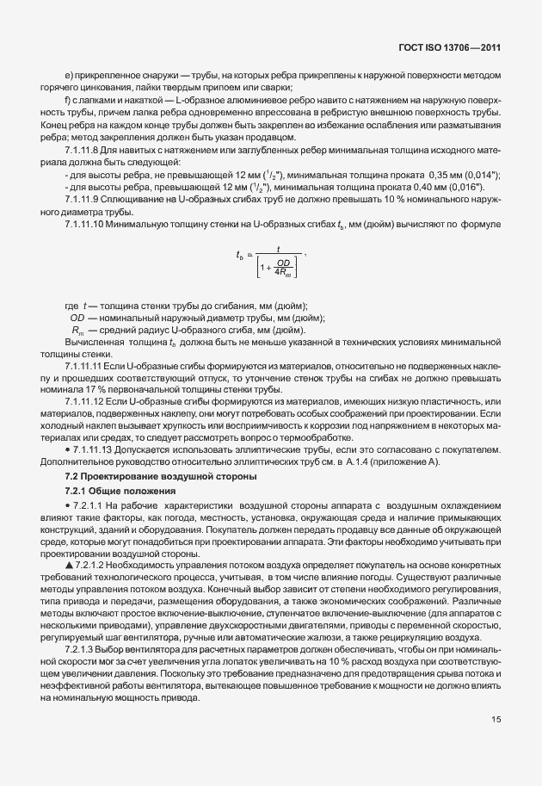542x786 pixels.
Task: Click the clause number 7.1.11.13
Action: [x=94, y=451]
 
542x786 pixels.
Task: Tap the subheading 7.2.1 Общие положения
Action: [x=113, y=492]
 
